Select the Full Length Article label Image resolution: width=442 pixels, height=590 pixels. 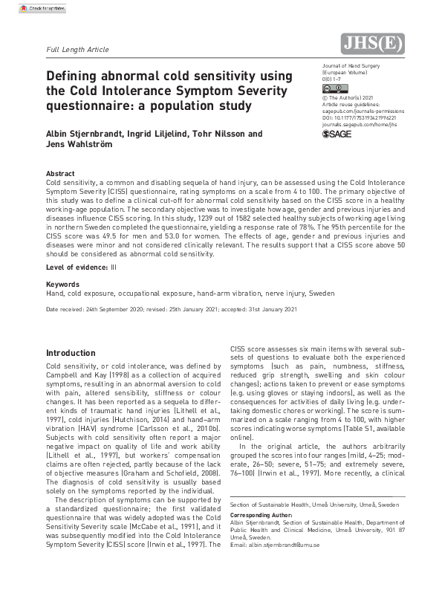(x=77, y=50)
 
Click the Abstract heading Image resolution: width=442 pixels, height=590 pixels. (x=60, y=174)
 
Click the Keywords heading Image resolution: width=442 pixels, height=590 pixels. (x=62, y=284)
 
